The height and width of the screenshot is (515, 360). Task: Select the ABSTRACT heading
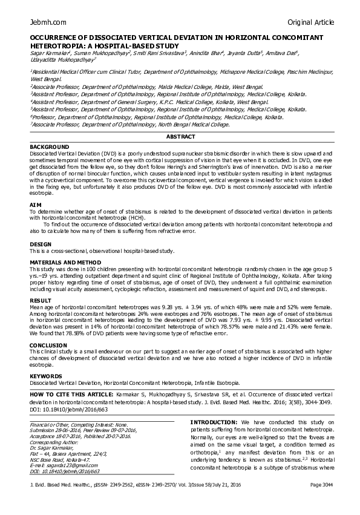(x=180, y=137)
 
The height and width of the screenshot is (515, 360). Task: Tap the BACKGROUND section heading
(x=50, y=147)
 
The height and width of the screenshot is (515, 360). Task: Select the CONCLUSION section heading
(x=48, y=345)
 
